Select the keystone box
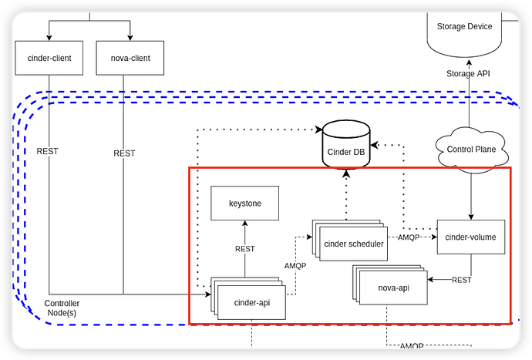[245, 204]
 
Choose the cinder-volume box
[471, 237]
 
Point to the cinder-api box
[251, 301]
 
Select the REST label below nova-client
[124, 153]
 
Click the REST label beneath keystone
[245, 248]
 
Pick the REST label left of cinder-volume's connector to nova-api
[462, 280]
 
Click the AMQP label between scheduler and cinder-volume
[409, 237]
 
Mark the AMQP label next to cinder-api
[296, 265]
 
